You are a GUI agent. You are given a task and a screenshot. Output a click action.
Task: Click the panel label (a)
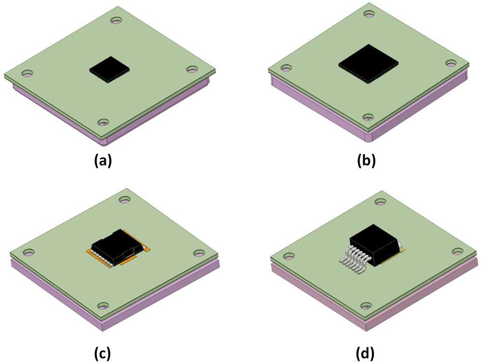(103, 161)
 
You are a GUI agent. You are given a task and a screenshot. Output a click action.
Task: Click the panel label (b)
(366, 161)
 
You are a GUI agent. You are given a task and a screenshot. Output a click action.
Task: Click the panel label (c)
(102, 353)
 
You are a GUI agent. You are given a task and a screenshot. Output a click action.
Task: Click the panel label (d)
(366, 353)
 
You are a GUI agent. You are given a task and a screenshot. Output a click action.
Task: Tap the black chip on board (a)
(110, 70)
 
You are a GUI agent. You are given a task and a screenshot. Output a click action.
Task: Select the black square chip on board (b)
(368, 64)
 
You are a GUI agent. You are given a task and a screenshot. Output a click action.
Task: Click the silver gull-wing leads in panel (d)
(352, 260)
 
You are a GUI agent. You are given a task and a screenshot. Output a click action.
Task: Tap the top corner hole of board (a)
(116, 21)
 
